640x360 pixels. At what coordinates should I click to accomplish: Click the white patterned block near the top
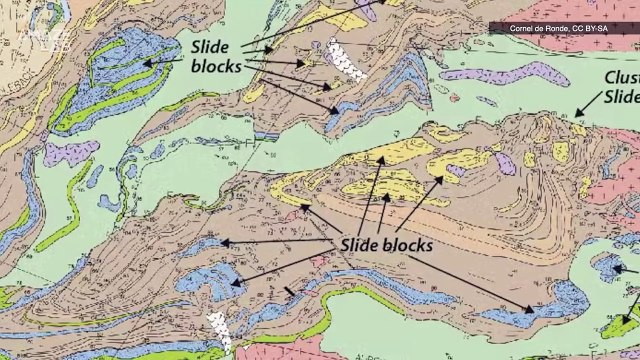(x=344, y=60)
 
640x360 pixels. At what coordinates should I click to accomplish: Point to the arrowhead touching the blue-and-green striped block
(x=147, y=62)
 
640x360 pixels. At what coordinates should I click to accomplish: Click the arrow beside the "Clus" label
(x=586, y=107)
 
